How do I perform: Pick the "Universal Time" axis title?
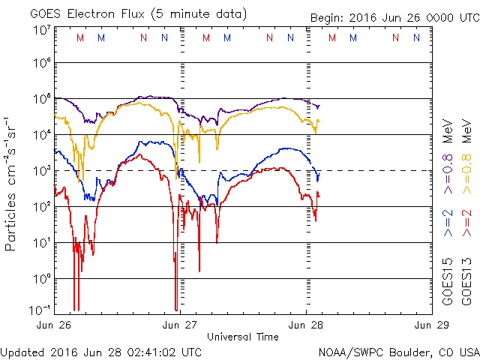[x=243, y=337]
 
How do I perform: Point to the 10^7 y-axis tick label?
[x=41, y=30]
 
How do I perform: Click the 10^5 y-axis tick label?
[x=41, y=100]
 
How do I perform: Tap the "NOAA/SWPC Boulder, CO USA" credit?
[x=398, y=351]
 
